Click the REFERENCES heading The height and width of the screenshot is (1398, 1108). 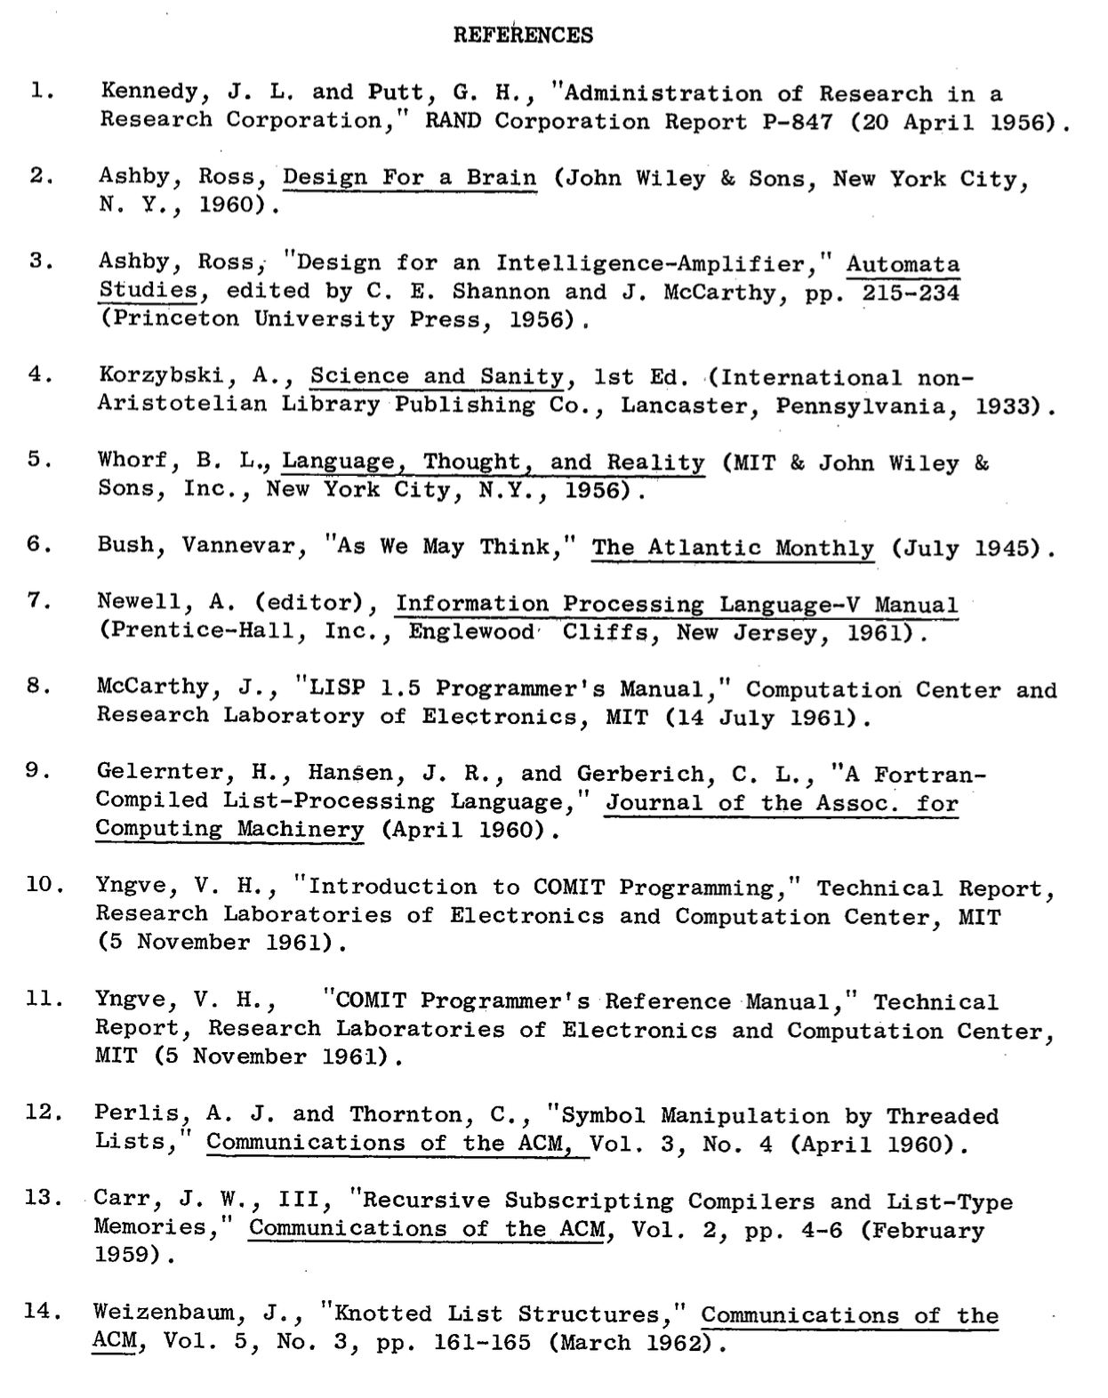pos(523,36)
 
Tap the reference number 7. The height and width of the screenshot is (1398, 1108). pos(36,600)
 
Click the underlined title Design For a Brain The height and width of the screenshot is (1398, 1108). pos(409,178)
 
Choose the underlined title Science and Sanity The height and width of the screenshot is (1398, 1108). pos(437,377)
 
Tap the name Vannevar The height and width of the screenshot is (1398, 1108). pos(239,546)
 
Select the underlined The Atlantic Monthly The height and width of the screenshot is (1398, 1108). pos(733,548)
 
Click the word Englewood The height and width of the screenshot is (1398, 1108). pos(471,632)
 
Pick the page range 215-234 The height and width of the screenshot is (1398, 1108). pos(911,293)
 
